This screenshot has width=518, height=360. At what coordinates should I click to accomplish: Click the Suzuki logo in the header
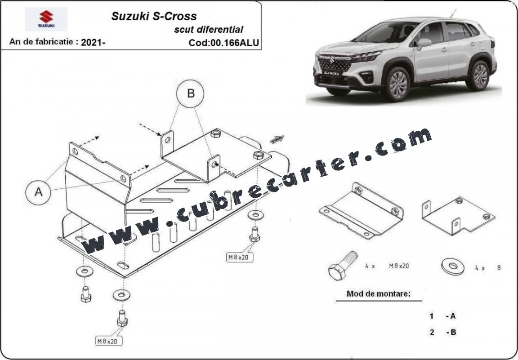[x=46, y=19]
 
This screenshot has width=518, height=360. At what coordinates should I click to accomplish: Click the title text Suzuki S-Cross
[x=154, y=16]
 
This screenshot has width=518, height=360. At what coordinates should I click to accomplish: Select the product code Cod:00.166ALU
[x=223, y=43]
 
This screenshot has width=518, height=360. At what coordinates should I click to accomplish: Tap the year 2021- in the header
[x=93, y=42]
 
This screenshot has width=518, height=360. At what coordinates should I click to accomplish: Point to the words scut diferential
[x=209, y=29]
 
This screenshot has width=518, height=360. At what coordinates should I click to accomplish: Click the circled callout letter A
[x=38, y=192]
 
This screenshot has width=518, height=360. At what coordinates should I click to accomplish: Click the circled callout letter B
[x=190, y=93]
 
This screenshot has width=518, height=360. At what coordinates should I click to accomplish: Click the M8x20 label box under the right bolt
[x=240, y=257]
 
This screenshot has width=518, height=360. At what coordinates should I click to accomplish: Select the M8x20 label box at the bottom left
[x=109, y=341]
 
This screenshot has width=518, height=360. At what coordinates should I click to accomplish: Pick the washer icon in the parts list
[x=453, y=266]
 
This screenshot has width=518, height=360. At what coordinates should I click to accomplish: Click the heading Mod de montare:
[x=379, y=293]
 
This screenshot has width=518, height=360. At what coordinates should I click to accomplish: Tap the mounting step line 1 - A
[x=442, y=316]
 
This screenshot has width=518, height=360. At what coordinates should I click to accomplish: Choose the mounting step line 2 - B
[x=442, y=332]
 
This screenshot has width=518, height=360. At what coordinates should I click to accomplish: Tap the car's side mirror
[x=424, y=43]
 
